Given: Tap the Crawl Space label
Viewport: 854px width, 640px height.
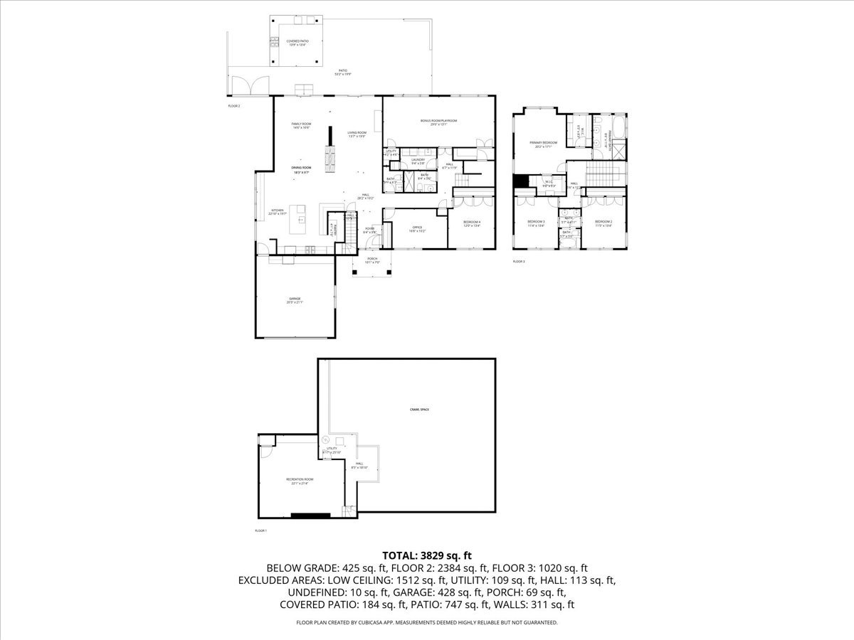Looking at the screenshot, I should coord(419,410).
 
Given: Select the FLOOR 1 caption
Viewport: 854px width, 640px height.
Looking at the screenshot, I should coord(260,530).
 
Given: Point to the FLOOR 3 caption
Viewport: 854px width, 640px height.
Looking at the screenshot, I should coord(519,262).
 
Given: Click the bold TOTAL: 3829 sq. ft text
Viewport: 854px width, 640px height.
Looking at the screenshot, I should coord(427,555).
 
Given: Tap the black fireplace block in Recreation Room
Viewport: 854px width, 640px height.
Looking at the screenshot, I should coord(311,515).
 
